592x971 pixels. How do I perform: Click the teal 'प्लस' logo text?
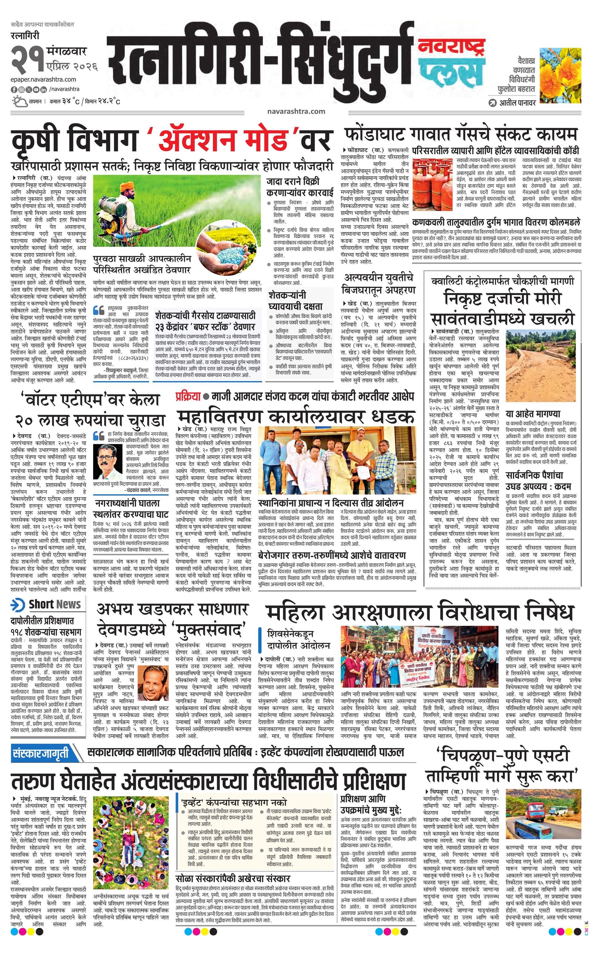(451, 71)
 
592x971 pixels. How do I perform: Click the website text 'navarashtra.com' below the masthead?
(296, 111)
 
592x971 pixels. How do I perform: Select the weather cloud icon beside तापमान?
(19, 102)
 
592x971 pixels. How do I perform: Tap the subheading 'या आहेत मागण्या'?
(533, 414)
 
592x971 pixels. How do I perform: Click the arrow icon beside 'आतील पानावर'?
(492, 103)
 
